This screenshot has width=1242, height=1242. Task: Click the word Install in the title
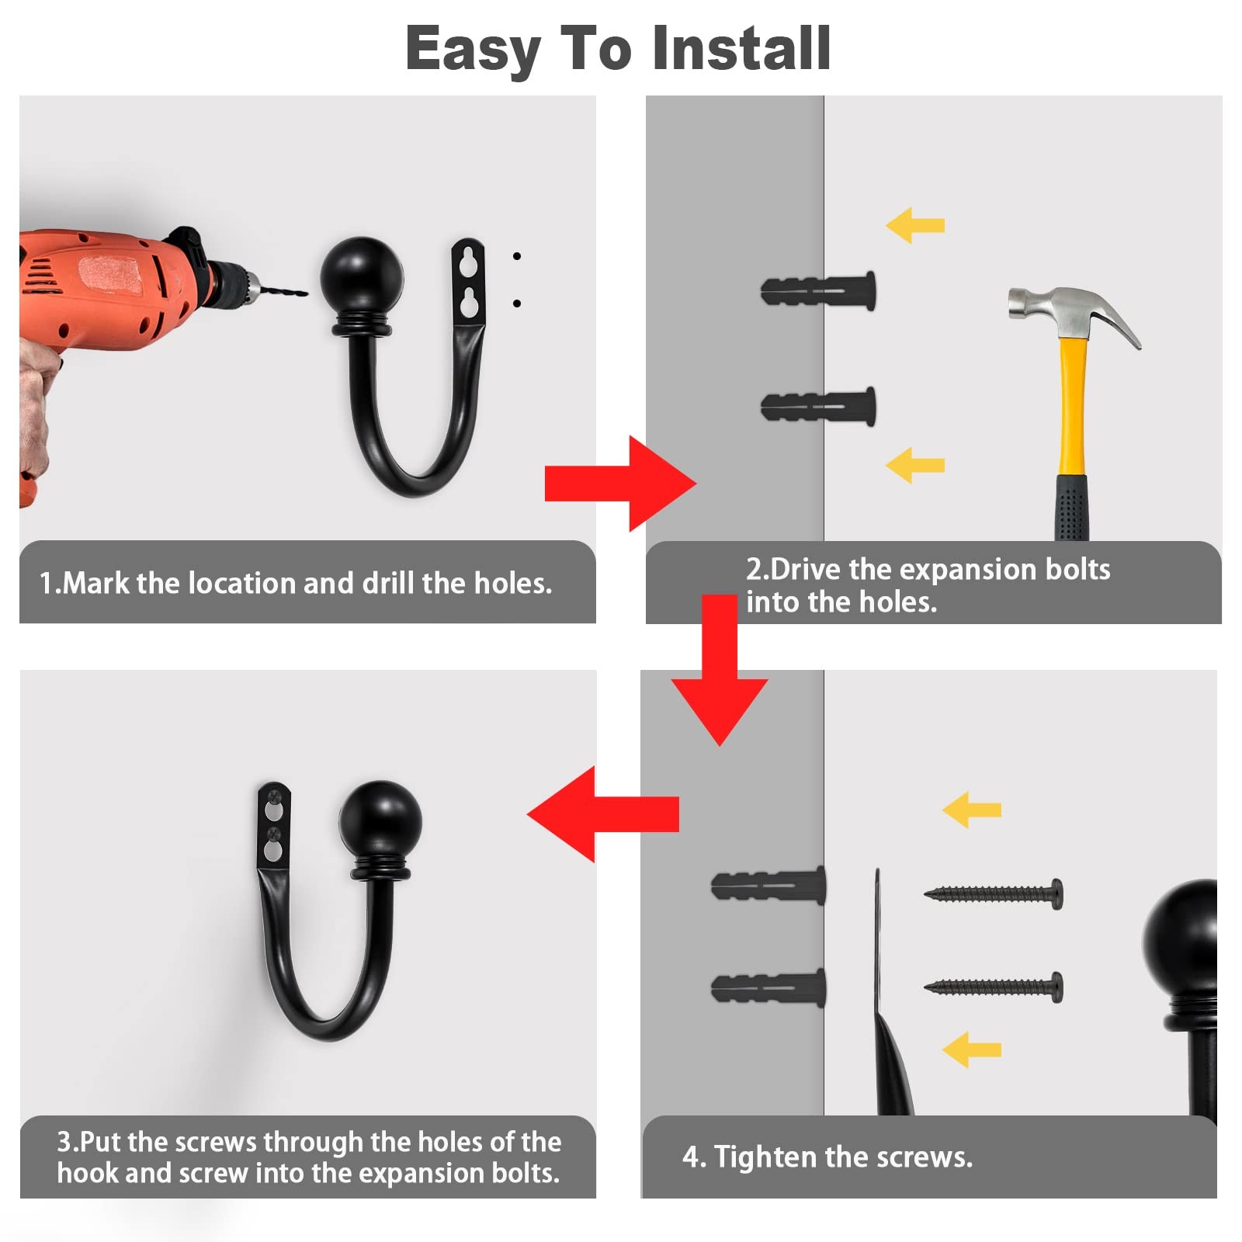pyautogui.click(x=741, y=48)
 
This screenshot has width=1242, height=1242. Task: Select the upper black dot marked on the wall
pyautogui.click(x=517, y=256)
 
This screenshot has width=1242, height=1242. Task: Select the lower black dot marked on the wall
pyautogui.click(x=517, y=304)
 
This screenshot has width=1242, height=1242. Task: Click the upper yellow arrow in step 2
pyautogui.click(x=915, y=225)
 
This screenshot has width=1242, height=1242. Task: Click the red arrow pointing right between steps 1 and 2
pyautogui.click(x=620, y=484)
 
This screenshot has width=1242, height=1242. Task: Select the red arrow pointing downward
pyautogui.click(x=720, y=670)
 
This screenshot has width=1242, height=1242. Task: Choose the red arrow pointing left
pyautogui.click(x=603, y=814)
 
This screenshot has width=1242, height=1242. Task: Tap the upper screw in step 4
pyautogui.click(x=994, y=894)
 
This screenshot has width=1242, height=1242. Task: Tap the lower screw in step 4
pyautogui.click(x=994, y=987)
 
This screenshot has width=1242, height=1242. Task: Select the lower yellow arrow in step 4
pyautogui.click(x=972, y=1049)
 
